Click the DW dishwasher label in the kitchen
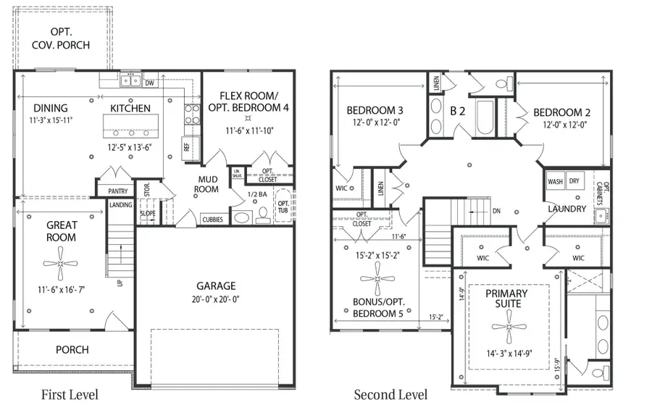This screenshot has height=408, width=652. click(x=149, y=83)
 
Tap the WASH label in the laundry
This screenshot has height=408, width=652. click(x=556, y=182)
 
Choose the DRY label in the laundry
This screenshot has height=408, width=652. click(x=574, y=182)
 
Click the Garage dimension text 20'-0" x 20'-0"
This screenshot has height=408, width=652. click(x=215, y=301)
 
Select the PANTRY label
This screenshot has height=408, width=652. click(x=117, y=192)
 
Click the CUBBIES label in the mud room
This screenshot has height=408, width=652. click(x=212, y=219)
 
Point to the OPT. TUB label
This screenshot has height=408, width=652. click(x=283, y=206)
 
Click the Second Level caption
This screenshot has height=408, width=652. click(x=390, y=395)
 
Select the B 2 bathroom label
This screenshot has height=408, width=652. click(x=457, y=112)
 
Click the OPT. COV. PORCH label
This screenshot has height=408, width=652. click(x=70, y=38)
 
